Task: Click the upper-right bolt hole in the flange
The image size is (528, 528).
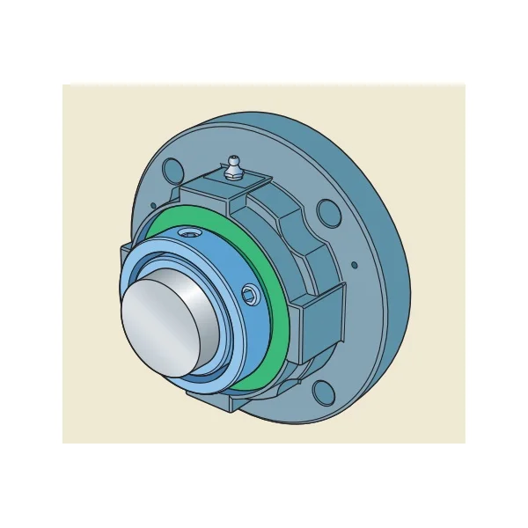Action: (x=327, y=211)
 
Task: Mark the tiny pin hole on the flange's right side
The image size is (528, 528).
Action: (x=353, y=263)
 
